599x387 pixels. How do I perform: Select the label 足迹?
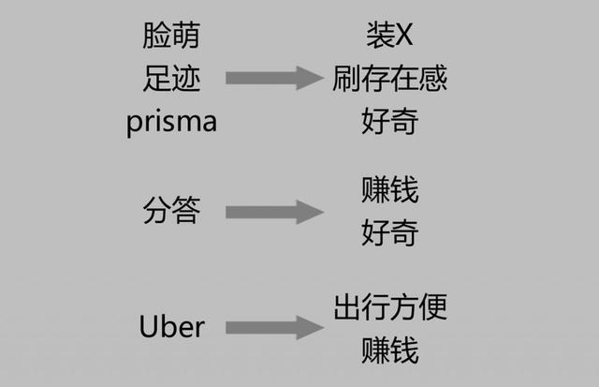[171, 78]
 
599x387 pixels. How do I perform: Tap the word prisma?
[171, 122]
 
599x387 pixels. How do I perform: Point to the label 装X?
[389, 36]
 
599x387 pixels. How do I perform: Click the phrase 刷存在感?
[389, 78]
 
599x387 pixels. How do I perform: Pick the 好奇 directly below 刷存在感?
[389, 121]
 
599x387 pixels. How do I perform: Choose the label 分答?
[171, 211]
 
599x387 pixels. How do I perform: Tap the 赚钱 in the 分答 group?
[389, 190]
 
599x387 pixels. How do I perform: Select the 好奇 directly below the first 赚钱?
[389, 232]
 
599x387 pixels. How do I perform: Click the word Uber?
[171, 327]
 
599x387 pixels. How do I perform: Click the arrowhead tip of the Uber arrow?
[321, 327]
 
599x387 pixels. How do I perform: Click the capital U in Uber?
[148, 327]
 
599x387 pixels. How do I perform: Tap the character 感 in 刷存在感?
[433, 78]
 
